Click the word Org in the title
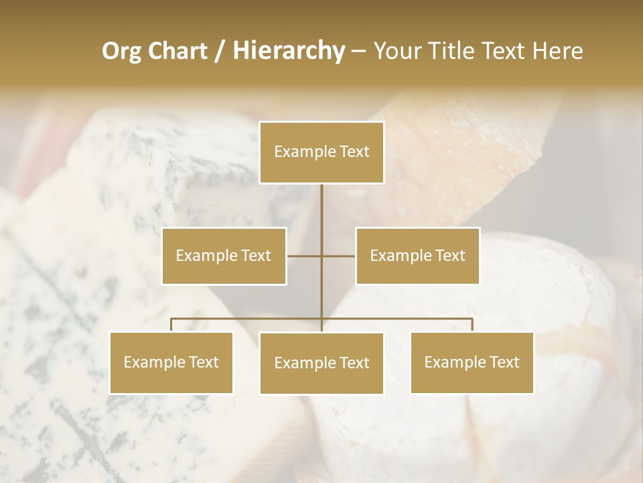click(x=122, y=51)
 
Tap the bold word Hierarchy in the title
click(x=289, y=51)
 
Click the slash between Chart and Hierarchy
click(x=220, y=52)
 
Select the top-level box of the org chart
click(x=321, y=152)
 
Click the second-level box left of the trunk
click(x=224, y=256)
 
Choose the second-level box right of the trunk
click(x=417, y=256)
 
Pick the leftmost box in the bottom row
click(x=171, y=362)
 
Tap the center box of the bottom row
click(x=321, y=363)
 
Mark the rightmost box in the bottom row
click(x=472, y=362)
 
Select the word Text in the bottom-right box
click(x=504, y=362)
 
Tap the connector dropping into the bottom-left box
click(x=171, y=325)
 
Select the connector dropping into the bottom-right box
click(x=472, y=325)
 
